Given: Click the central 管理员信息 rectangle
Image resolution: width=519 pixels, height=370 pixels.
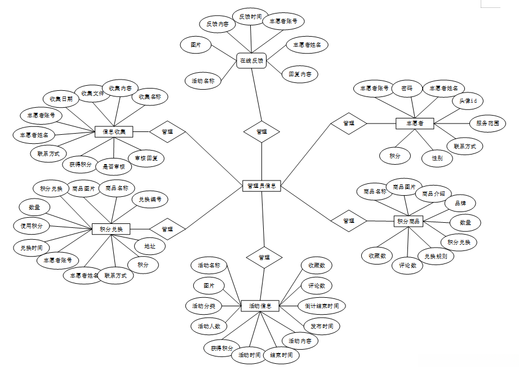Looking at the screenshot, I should coord(261,186).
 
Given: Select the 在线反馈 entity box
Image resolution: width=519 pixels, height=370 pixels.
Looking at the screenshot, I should coord(251,60).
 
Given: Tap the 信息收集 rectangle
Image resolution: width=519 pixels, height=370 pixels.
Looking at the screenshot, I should coord(114,132).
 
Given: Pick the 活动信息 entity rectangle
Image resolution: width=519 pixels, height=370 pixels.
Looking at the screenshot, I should coord(260,306).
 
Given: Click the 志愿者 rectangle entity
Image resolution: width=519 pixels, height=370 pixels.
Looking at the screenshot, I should coord(418,122).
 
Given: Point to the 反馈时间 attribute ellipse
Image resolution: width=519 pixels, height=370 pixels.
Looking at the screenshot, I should coord(250,17).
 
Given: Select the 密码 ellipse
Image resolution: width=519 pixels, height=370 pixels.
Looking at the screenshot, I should coord(406,89).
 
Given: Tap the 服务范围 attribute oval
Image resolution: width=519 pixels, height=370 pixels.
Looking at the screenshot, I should coord(487,123).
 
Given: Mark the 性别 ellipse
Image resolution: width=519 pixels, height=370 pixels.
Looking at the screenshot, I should coord(437,158).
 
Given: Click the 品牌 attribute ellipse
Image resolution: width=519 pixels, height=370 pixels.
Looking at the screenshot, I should coord(460,203).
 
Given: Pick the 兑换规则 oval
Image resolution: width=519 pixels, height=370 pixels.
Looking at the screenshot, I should coord(436,256).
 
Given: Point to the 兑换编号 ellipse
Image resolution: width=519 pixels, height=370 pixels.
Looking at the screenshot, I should coord(150,199).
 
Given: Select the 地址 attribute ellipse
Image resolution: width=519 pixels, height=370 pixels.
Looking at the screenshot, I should coord(150,246).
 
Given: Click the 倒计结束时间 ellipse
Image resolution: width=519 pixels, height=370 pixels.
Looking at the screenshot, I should coord(322,306).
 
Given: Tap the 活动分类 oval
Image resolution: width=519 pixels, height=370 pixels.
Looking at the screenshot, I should coord(203,306).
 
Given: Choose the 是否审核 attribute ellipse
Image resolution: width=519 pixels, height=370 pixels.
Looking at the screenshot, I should coord(113,166).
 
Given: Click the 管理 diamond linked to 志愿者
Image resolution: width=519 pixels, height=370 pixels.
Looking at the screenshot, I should coord(348,123).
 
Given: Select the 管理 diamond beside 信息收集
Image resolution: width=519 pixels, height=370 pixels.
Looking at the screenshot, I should coord(167,132).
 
